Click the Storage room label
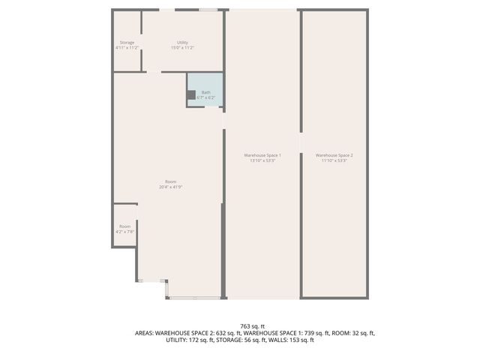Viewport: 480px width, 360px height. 127,43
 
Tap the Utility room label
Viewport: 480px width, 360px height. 182,43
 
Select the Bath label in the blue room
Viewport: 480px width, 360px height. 205,92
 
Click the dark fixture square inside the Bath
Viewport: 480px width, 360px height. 191,94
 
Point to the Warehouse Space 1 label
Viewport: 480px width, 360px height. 262,155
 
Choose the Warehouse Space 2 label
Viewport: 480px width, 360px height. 334,155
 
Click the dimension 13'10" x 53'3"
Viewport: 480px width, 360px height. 262,160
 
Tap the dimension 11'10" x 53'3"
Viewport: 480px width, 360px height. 334,160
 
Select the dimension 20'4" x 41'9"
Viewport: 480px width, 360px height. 171,187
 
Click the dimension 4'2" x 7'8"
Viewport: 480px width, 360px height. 124,232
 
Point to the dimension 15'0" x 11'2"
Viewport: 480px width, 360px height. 182,48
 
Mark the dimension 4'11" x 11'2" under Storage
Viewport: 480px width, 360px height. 127,48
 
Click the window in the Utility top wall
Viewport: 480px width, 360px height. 208,10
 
